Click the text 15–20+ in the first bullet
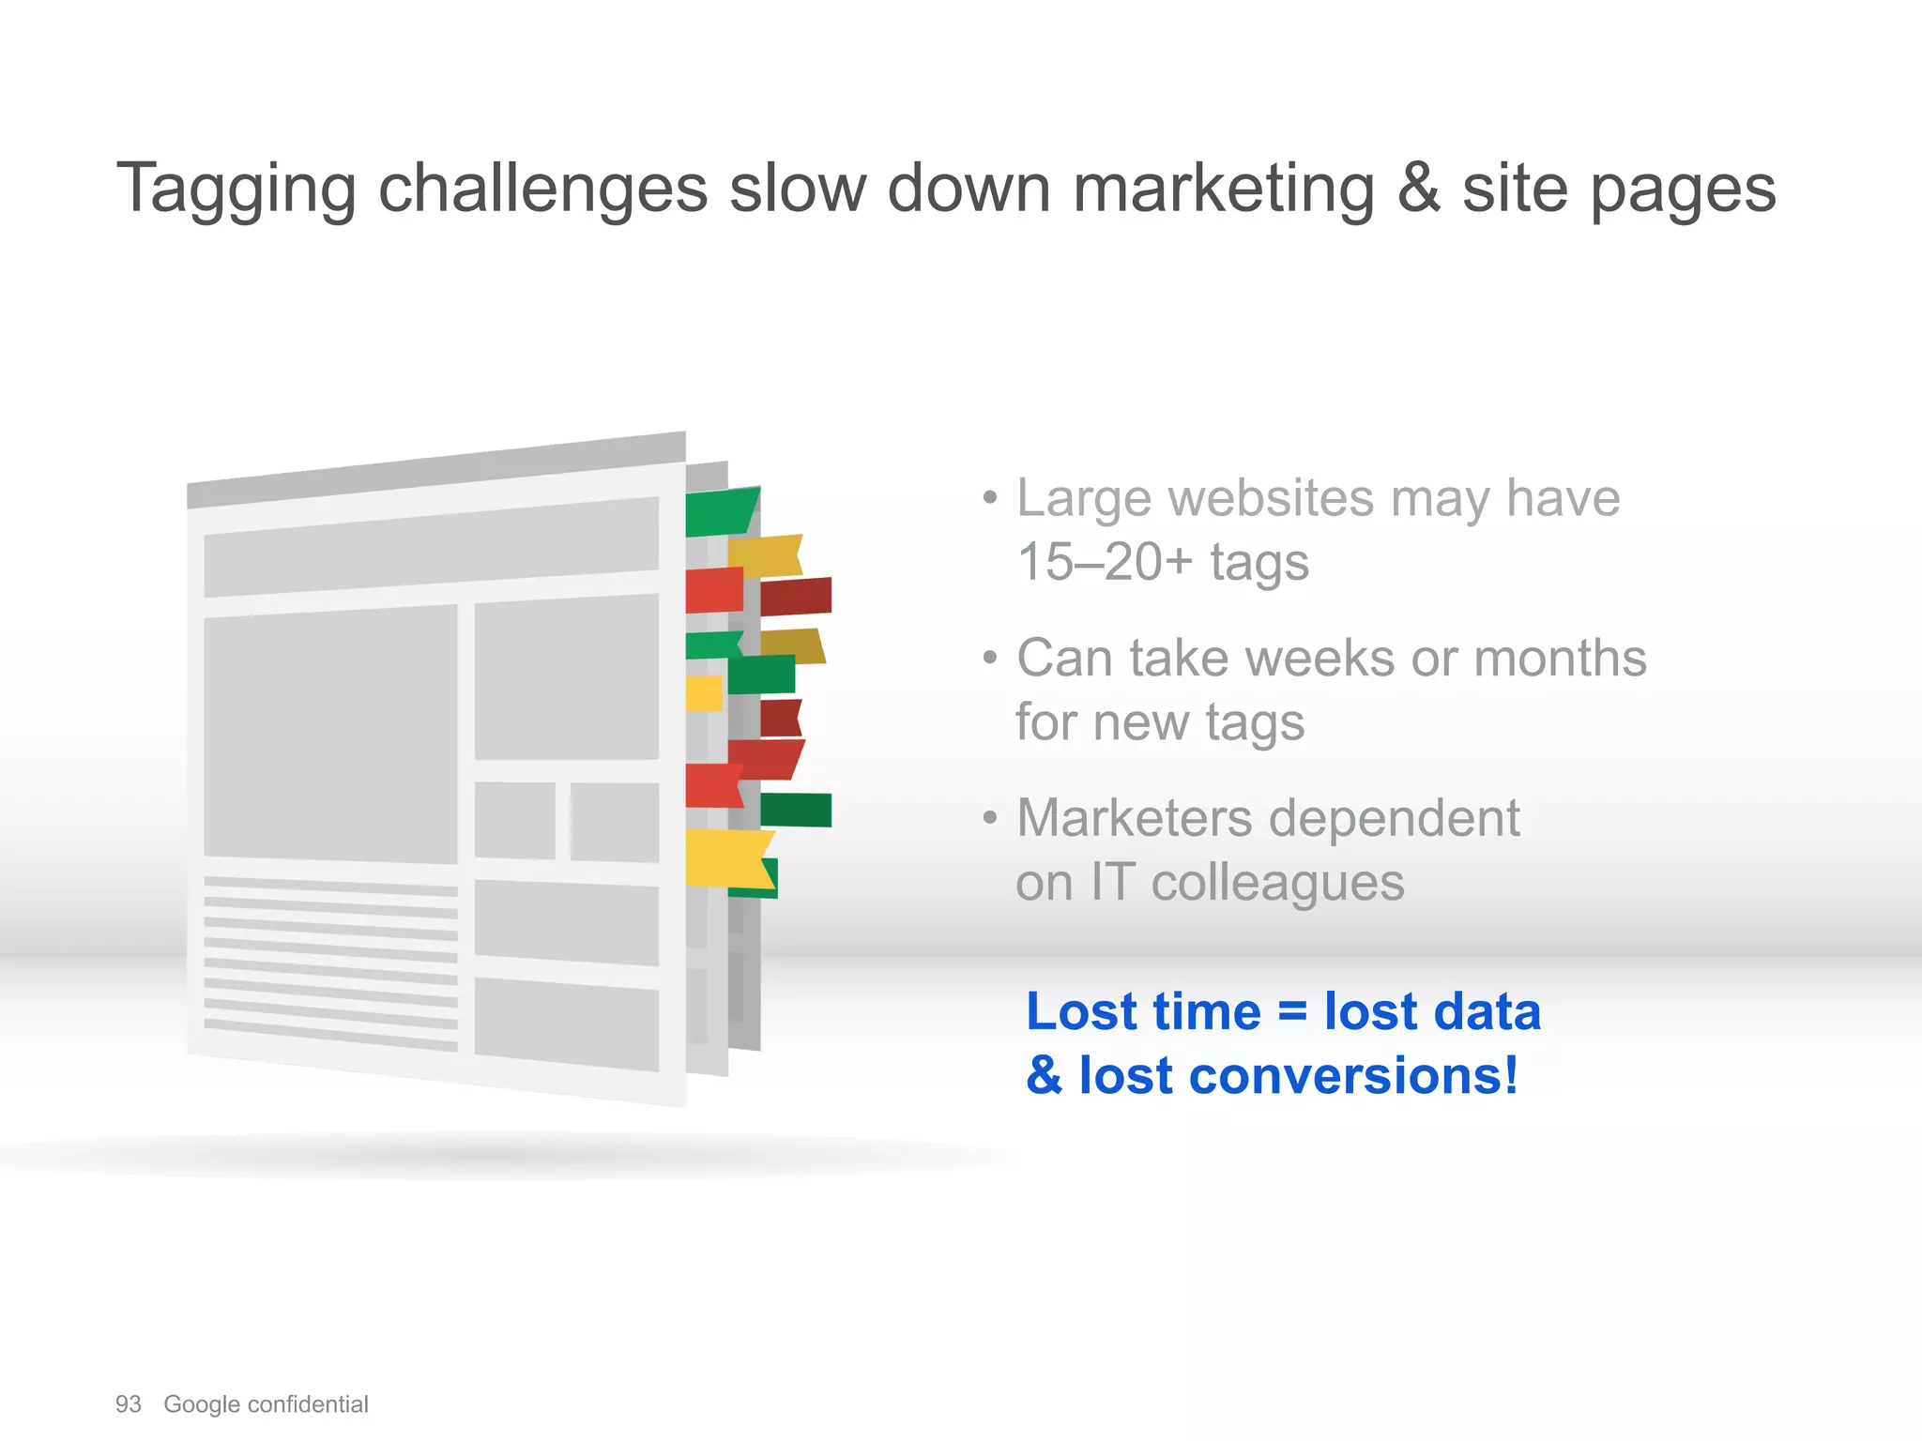click(1105, 562)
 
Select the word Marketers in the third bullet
click(1135, 818)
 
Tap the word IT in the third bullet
click(1111, 883)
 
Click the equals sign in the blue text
click(1292, 1012)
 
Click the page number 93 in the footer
click(128, 1404)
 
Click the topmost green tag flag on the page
click(719, 512)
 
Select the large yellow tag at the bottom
click(725, 857)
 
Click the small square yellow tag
click(703, 693)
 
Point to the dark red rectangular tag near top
click(795, 597)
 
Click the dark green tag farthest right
click(796, 810)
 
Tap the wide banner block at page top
click(431, 547)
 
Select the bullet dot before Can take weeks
click(990, 658)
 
